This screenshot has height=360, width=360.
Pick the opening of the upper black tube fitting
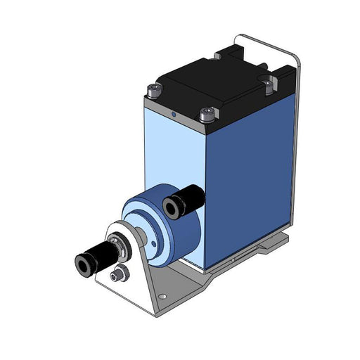click(170, 206)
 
